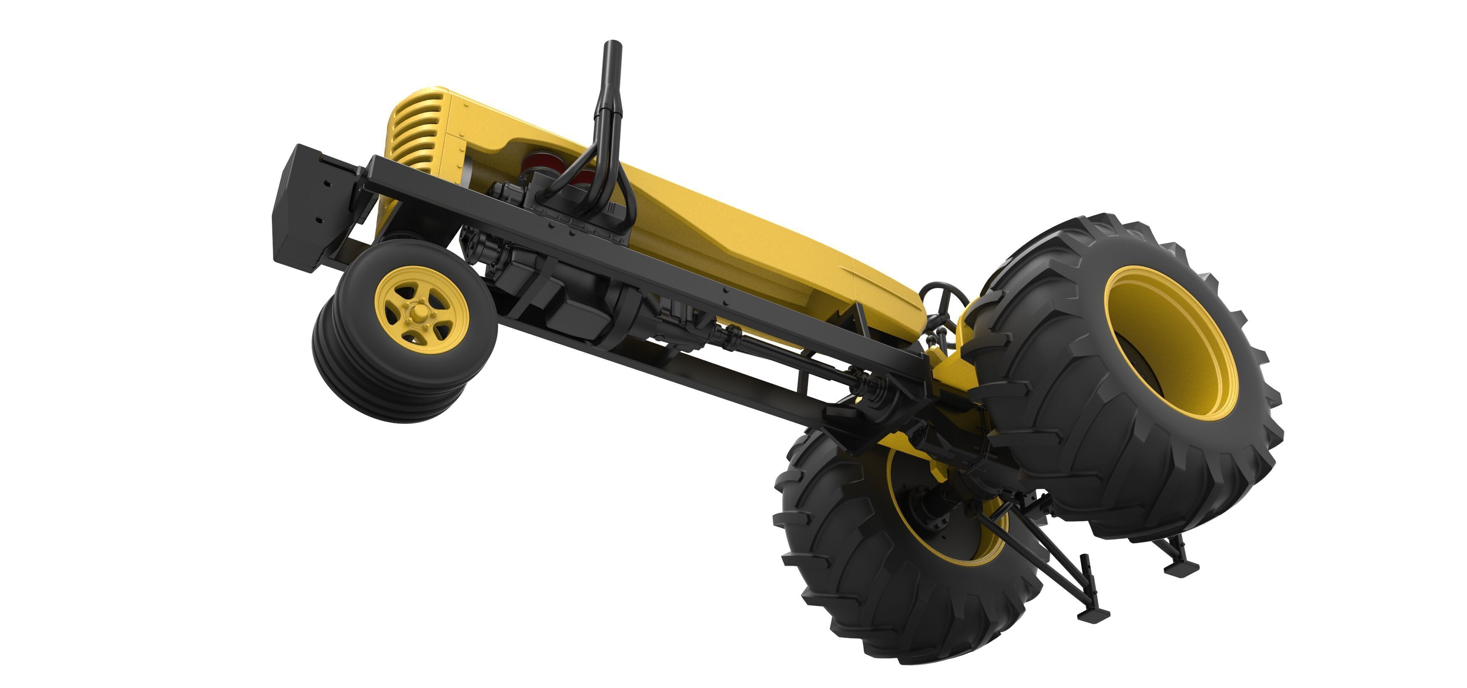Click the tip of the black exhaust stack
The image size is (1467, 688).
click(612, 46)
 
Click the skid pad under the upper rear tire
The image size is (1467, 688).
click(1182, 568)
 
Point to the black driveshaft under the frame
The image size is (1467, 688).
click(792, 353)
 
